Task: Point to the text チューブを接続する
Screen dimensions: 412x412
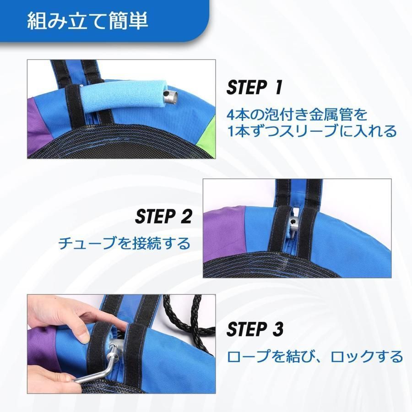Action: pyautogui.click(x=124, y=243)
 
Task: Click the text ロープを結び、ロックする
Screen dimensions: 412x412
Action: pyautogui.click(x=315, y=356)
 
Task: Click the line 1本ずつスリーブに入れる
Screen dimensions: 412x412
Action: pyautogui.click(x=312, y=132)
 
